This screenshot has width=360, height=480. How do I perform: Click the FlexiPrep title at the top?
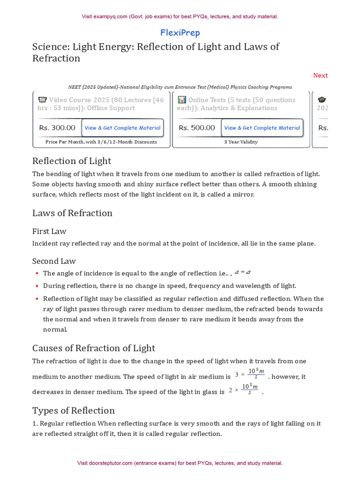[x=180, y=33]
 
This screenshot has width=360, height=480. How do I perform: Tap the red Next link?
[x=320, y=75]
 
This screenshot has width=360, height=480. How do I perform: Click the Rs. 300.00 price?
[x=57, y=128]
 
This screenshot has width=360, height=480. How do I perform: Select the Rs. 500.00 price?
[x=197, y=128]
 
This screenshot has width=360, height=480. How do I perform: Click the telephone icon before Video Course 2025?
[x=42, y=100]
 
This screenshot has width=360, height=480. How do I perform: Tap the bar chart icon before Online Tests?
[x=182, y=100]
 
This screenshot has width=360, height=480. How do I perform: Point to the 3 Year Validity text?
[x=241, y=142]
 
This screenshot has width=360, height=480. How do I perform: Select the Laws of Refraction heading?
[x=72, y=213]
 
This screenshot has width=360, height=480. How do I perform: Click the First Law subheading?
[x=49, y=231]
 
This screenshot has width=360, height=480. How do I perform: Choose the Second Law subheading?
[x=54, y=261]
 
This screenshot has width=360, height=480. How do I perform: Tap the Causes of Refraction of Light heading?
[x=93, y=348]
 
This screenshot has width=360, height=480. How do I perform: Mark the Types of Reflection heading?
[x=73, y=411]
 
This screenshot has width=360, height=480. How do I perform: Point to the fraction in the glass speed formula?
[x=250, y=389]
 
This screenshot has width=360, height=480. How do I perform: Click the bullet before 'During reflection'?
[x=37, y=286]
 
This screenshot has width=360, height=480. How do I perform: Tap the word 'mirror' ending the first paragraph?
[x=243, y=194]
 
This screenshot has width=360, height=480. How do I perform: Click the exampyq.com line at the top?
[x=180, y=16]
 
